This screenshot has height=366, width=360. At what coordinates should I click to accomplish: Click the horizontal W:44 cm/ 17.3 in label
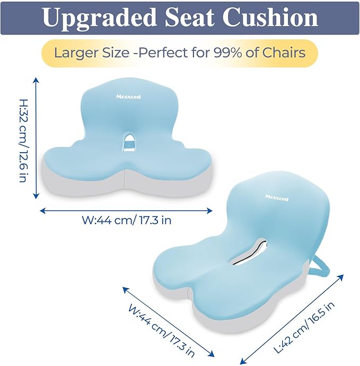pos(127,220)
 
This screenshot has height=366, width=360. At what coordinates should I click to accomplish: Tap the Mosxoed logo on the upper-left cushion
pos(128,97)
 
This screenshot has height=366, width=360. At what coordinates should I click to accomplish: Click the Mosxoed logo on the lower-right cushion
pos(277,197)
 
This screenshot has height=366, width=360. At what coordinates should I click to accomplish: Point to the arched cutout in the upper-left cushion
pos(129,141)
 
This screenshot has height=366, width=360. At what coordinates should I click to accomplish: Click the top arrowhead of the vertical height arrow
pos(36,80)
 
